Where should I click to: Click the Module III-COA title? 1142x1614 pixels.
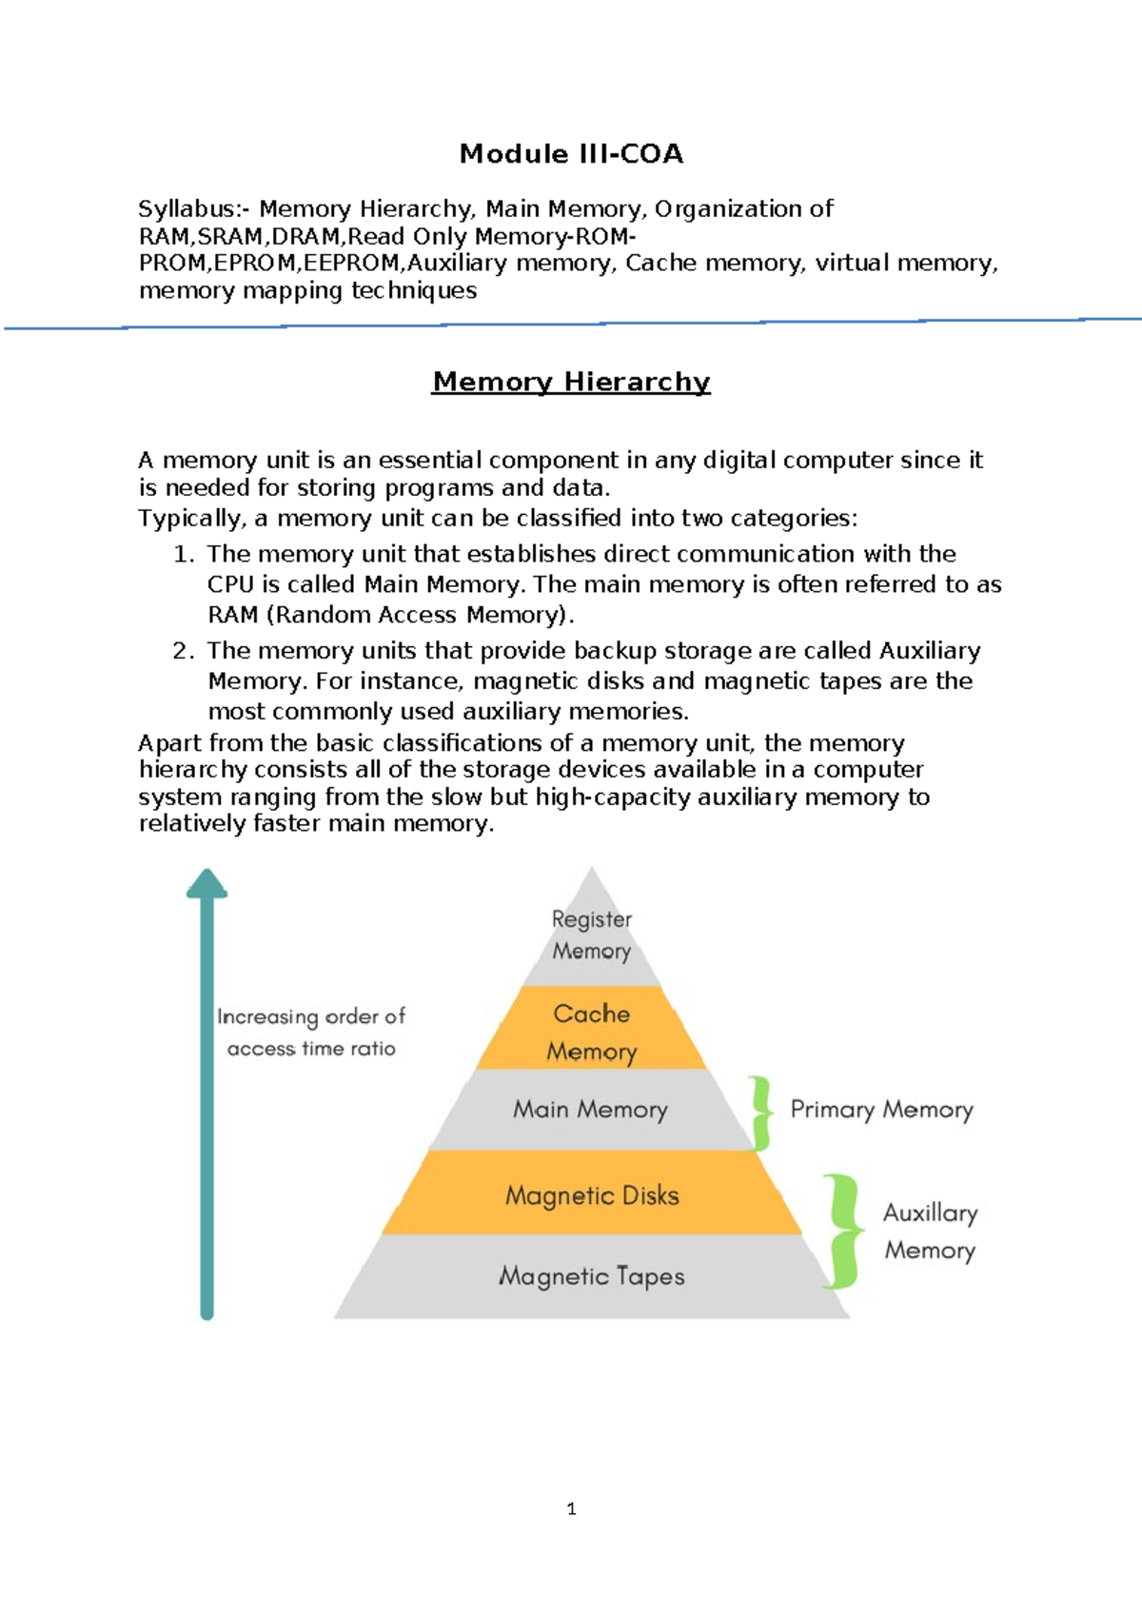click(x=571, y=154)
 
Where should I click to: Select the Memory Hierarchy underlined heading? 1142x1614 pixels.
click(x=571, y=382)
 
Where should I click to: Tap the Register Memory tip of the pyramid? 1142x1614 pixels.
click(x=591, y=935)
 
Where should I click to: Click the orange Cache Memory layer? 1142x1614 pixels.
click(x=591, y=1031)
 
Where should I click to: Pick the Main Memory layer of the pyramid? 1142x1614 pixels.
click(x=590, y=1110)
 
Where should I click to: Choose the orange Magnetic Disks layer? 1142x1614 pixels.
click(x=592, y=1195)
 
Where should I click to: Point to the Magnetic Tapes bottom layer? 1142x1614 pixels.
click(x=592, y=1276)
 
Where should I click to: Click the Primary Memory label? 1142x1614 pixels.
click(x=881, y=1110)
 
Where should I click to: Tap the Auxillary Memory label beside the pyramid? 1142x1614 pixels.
click(x=930, y=1231)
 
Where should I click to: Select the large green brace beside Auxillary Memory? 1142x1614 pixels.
click(x=842, y=1231)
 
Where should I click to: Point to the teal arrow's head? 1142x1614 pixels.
click(x=207, y=884)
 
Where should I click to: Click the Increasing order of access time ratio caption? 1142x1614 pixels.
click(x=311, y=1033)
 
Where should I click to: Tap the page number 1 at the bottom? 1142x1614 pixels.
click(x=571, y=1508)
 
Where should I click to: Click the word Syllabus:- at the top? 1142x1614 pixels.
click(x=194, y=209)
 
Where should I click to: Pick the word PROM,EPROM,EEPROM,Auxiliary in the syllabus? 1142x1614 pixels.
click(x=323, y=264)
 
